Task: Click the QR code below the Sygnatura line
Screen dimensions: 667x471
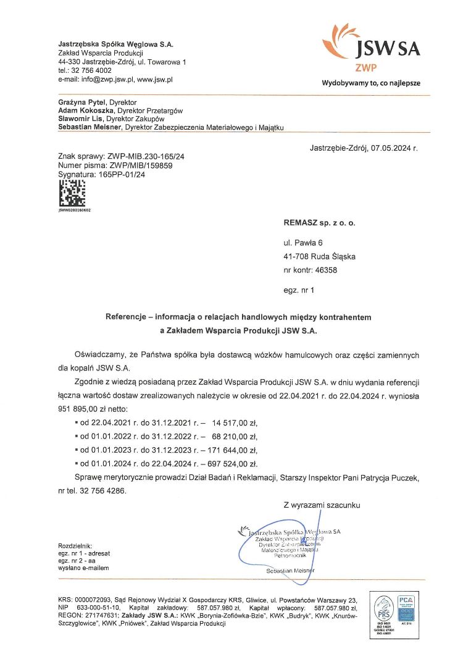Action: [x=71, y=193]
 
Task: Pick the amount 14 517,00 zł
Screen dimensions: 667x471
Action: [x=234, y=423]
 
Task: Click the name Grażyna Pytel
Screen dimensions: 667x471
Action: [x=82, y=102]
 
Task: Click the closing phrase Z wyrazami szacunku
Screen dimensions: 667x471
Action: [x=321, y=505]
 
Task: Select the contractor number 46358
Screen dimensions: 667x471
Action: [x=326, y=270]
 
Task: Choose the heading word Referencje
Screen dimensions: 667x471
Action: [x=130, y=317]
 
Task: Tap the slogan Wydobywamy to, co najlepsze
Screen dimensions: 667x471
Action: [x=370, y=83]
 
